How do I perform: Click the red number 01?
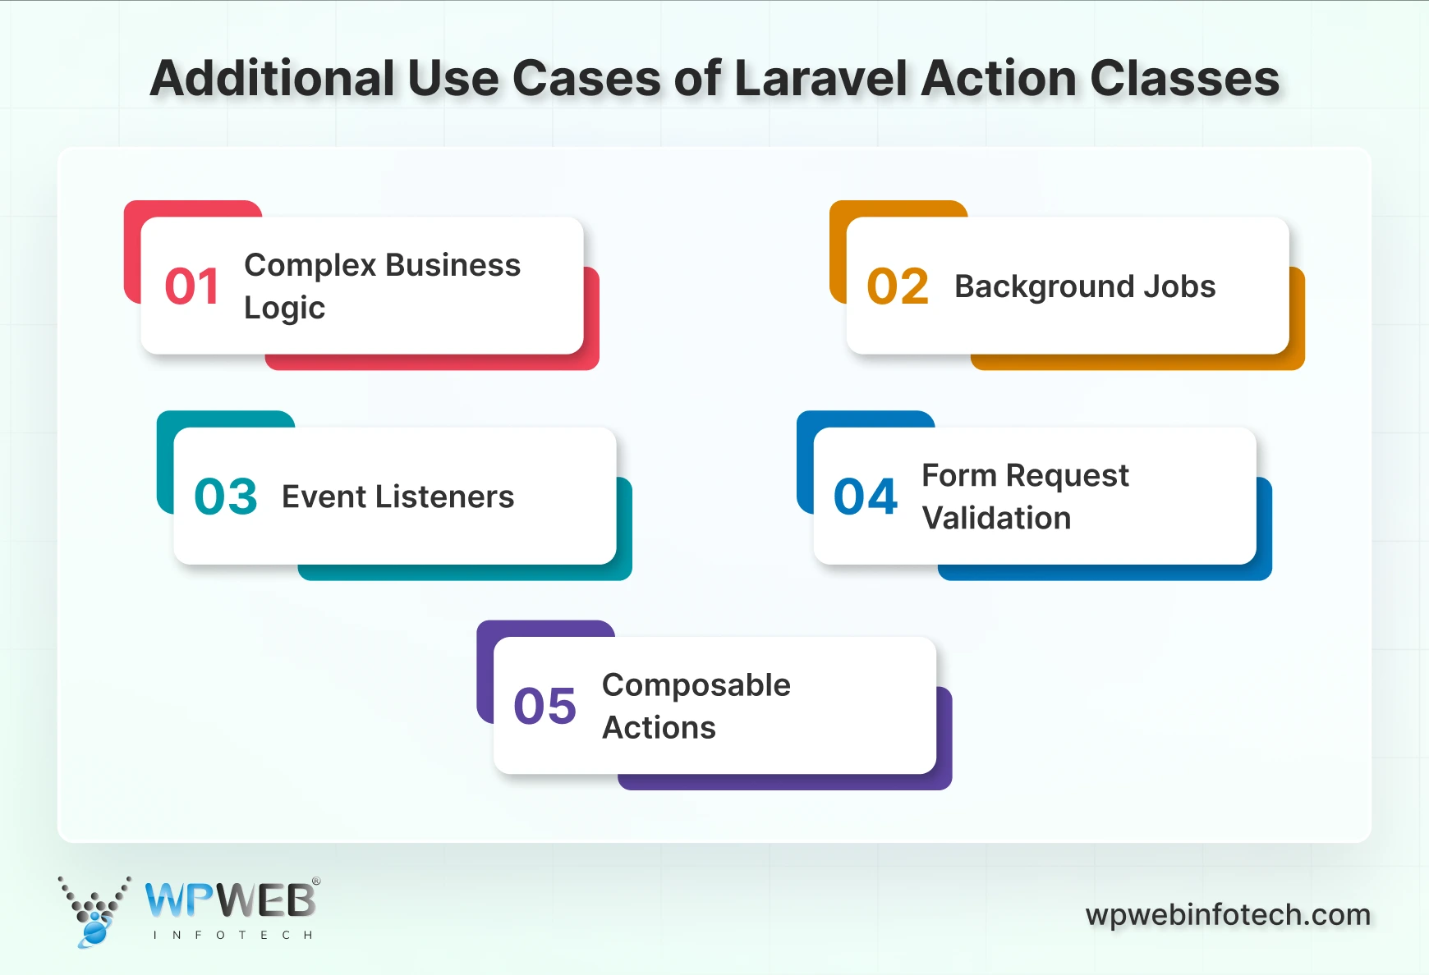192,286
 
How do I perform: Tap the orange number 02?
898,286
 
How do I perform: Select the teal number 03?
226,497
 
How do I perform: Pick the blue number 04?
866,497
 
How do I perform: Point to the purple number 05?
545,706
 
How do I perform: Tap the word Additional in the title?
273,79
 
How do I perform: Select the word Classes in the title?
1184,79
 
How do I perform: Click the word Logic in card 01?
284,308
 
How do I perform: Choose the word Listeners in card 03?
444,497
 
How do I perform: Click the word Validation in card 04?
996,518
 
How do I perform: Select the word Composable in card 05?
696,684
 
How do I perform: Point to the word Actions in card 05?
659,728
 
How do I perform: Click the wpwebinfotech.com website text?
1228,914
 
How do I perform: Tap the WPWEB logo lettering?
231,900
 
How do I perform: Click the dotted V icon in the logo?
94,909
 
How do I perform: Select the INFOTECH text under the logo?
232,935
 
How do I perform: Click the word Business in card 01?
453,265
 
